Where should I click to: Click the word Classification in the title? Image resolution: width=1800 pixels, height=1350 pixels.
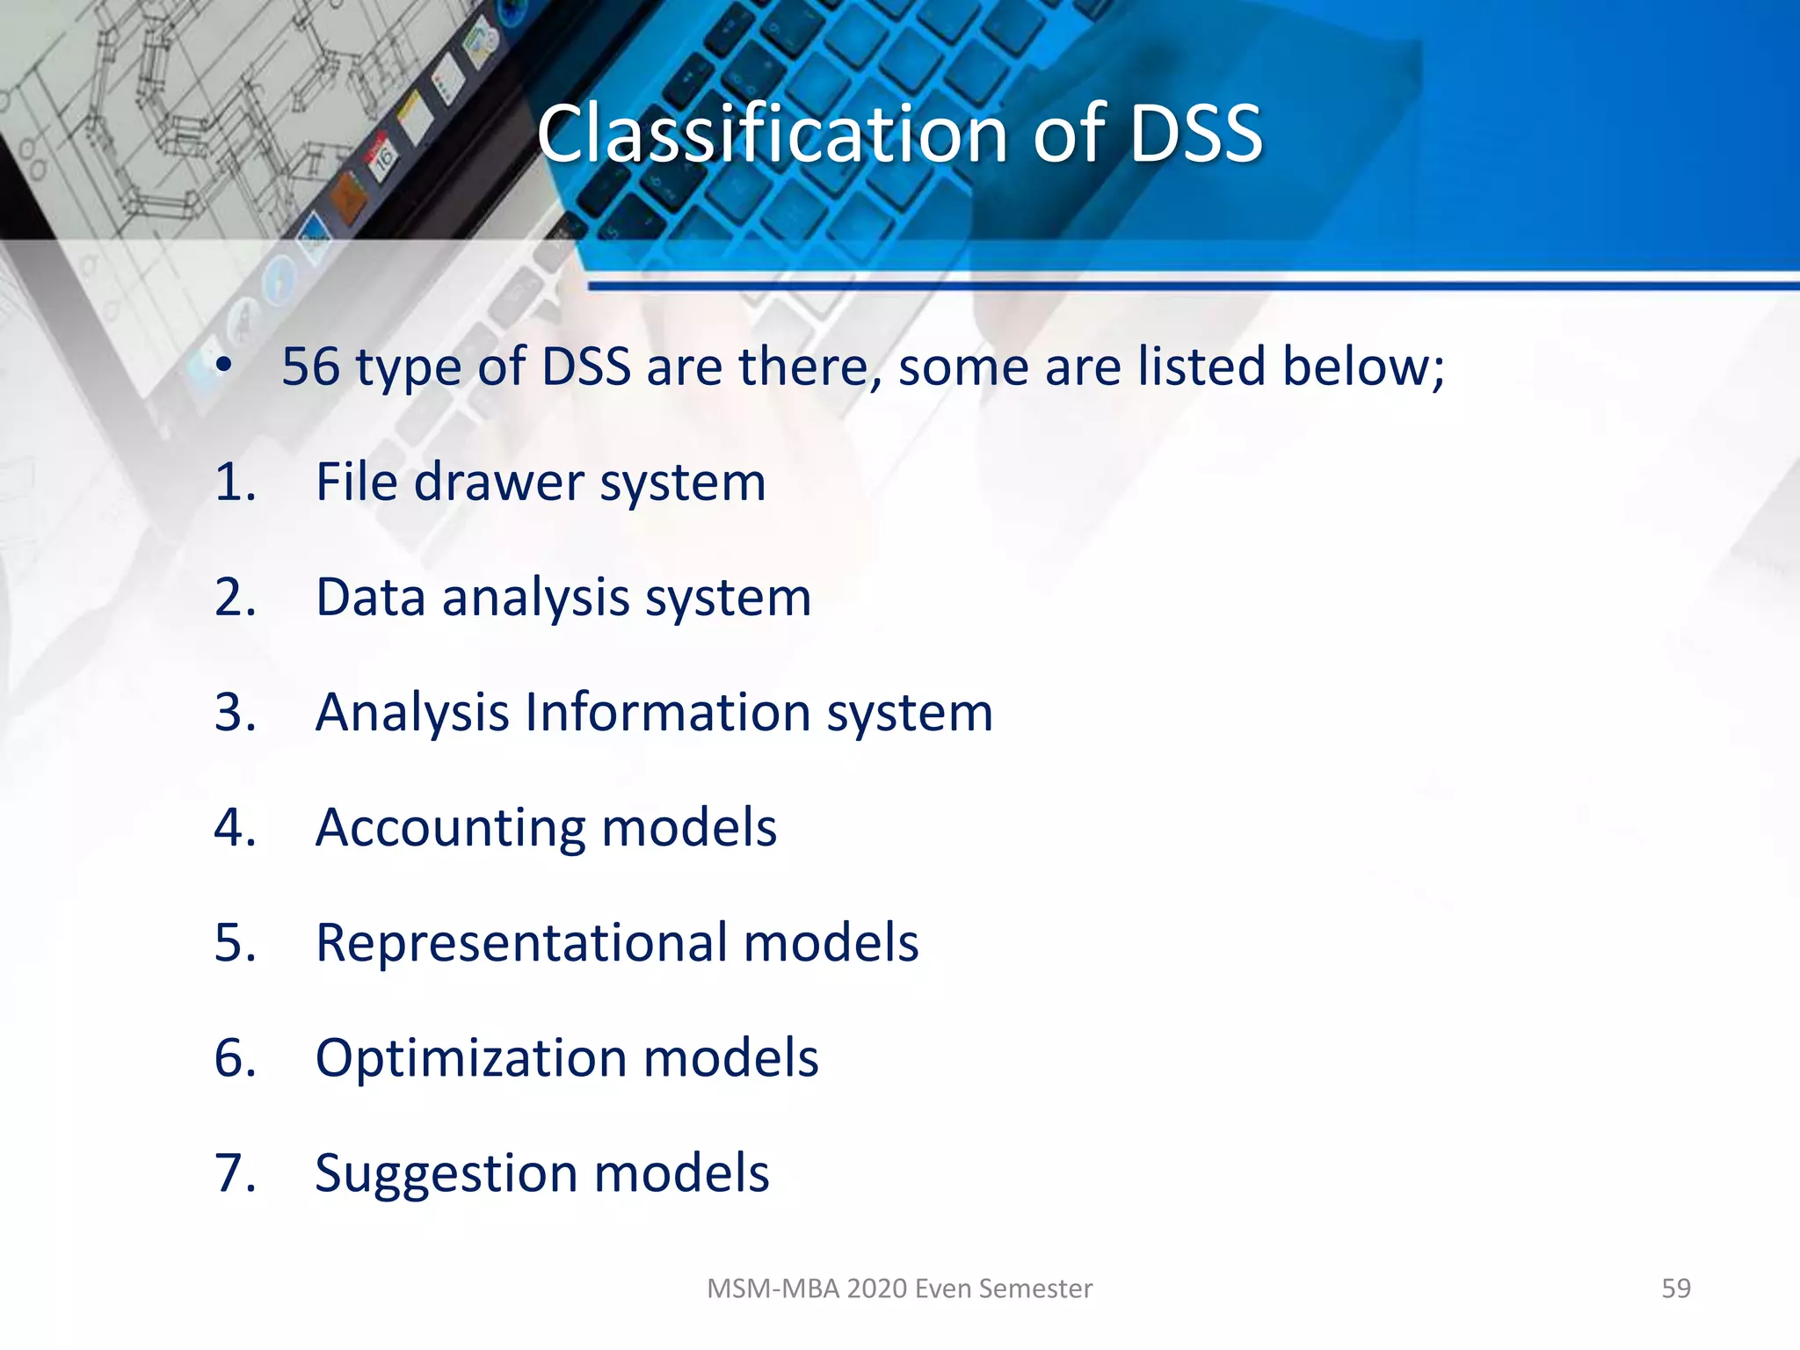[x=772, y=134]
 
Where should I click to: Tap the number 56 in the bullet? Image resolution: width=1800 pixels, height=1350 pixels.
[x=310, y=367]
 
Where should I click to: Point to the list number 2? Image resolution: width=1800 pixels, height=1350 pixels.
[x=234, y=598]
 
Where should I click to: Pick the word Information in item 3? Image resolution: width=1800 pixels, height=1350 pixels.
[x=667, y=712]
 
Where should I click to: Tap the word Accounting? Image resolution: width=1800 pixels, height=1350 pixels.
[x=449, y=828]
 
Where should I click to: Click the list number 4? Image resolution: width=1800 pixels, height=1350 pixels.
[x=234, y=828]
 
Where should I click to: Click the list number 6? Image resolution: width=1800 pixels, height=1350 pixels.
[x=234, y=1057]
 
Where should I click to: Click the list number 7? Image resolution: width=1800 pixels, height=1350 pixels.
[x=234, y=1173]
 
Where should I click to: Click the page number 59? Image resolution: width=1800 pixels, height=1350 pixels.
[x=1675, y=1288]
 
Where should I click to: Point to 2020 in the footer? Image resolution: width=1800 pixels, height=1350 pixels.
[x=877, y=1288]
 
